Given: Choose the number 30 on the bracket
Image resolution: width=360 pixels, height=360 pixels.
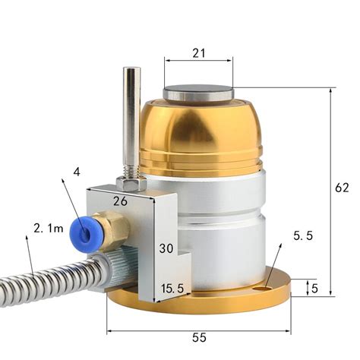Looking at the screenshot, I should [x=166, y=248].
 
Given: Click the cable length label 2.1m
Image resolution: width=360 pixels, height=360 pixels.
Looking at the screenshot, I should [x=48, y=226].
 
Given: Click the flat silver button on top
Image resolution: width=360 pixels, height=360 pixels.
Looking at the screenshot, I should [x=198, y=95].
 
